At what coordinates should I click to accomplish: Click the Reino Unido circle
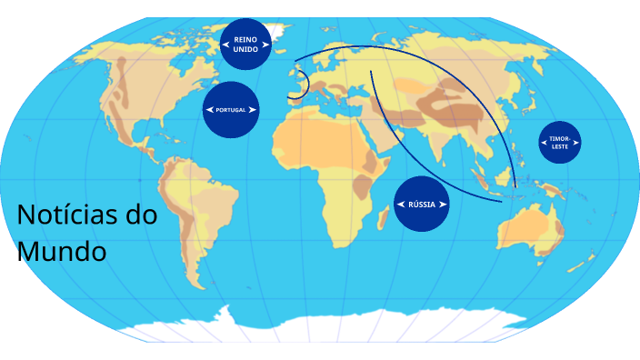(245, 45)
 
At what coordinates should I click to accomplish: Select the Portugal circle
(231, 109)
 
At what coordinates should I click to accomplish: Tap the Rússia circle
(422, 204)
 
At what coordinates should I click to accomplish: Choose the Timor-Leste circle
(559, 143)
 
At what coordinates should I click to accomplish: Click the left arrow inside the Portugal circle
(210, 109)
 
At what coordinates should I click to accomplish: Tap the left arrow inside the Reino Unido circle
(225, 45)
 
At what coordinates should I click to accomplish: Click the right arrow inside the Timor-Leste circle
(575, 143)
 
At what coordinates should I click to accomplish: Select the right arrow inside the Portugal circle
(253, 109)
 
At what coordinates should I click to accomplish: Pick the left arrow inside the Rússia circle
(401, 204)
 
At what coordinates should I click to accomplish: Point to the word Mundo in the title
(62, 250)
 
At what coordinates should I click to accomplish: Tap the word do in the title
(142, 216)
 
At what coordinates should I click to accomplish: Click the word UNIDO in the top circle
(245, 50)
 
